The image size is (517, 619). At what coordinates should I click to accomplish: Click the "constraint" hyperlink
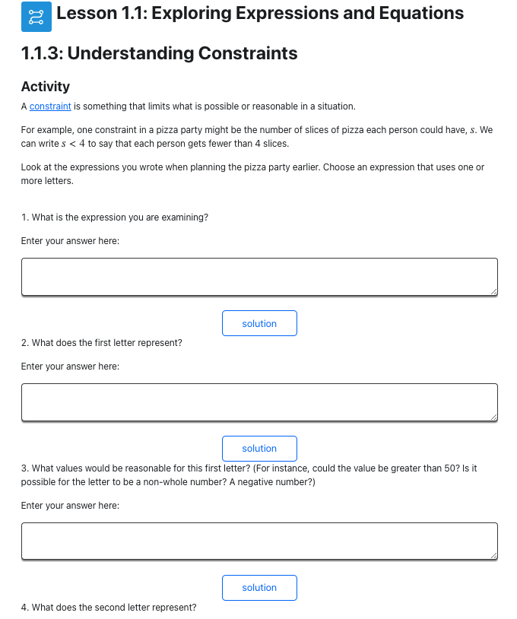[x=50, y=106]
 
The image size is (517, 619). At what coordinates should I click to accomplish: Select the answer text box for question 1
[x=259, y=277]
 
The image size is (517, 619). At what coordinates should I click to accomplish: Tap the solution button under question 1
[x=259, y=323]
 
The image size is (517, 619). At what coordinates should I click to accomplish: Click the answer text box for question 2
[x=259, y=402]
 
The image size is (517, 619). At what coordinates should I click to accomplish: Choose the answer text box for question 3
[x=259, y=541]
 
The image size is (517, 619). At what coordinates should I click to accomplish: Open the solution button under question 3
[x=259, y=588]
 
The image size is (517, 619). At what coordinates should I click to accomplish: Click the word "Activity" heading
[x=46, y=87]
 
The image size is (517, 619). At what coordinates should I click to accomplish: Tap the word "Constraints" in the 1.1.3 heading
[x=248, y=53]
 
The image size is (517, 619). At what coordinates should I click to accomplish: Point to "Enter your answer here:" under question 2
[x=70, y=367]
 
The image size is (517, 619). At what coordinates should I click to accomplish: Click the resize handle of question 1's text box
[x=494, y=292]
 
